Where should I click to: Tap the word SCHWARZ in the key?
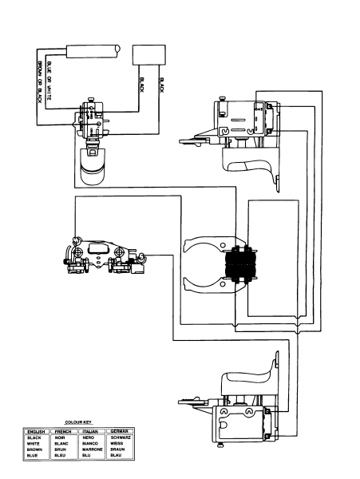[120, 437]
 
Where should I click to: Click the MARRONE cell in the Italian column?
[93, 449]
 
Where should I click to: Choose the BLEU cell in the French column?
[61, 456]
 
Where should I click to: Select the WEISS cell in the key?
[117, 444]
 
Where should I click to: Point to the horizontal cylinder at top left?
[93, 53]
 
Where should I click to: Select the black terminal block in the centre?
[240, 264]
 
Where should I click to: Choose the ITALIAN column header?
[89, 431]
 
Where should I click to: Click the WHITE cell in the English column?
[34, 444]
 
